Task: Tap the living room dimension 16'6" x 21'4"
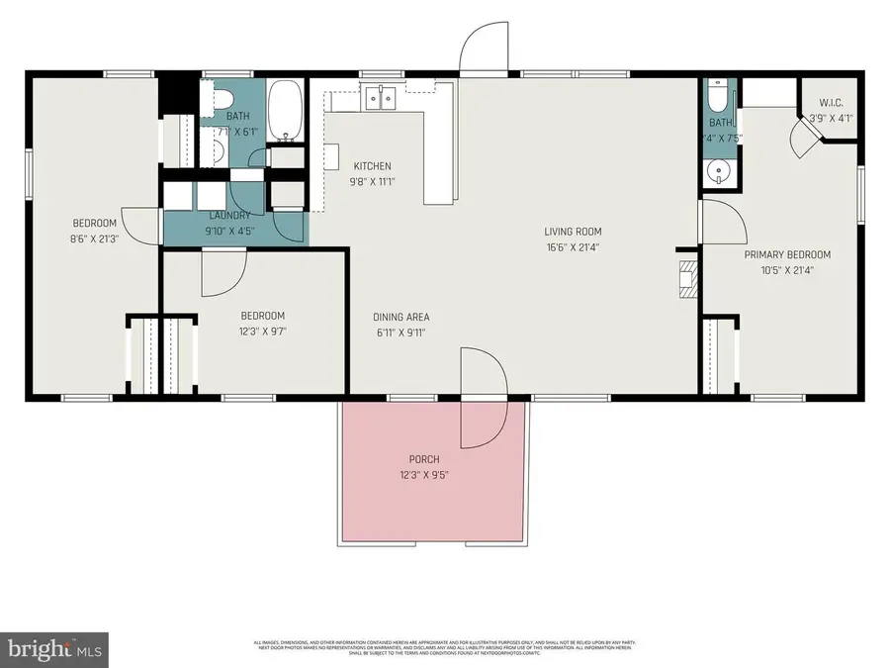tap(572, 247)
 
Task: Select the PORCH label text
tap(423, 459)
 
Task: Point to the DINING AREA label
tap(400, 317)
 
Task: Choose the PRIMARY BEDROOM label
tap(787, 254)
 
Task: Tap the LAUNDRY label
tap(228, 215)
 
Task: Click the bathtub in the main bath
tap(288, 111)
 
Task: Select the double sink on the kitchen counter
tap(382, 97)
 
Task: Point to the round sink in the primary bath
tap(717, 172)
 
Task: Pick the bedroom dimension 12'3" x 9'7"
tap(262, 333)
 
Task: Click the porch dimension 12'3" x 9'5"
tap(423, 474)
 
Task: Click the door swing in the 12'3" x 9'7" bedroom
tap(223, 272)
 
